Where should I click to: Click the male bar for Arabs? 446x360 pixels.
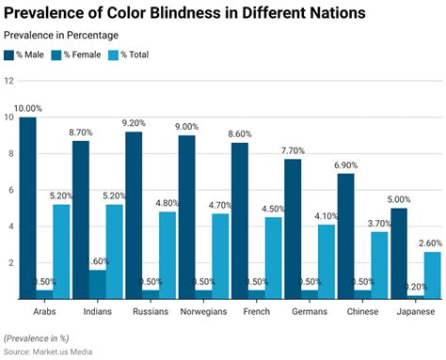pos(27,208)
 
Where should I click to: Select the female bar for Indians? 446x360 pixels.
pos(98,284)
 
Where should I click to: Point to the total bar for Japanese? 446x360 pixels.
pos(432,274)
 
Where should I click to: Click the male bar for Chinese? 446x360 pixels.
pos(346,236)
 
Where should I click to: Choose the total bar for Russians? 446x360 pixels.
pos(167,255)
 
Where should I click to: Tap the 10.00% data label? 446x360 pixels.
pos(27,110)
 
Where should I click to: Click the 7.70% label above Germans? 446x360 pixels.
pos(293,151)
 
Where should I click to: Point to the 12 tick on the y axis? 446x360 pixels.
pos(8,81)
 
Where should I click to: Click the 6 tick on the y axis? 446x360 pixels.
pos(8,190)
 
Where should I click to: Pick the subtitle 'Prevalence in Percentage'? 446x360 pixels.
pos(60,36)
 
